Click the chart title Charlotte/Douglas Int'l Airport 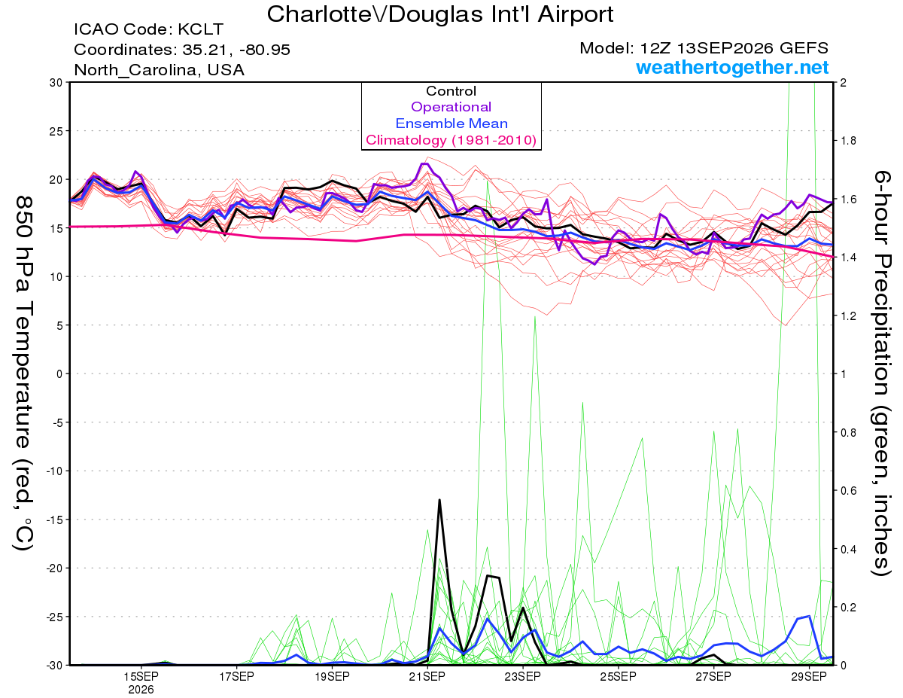click(x=440, y=14)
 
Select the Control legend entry click(x=451, y=91)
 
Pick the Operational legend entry click(x=451, y=107)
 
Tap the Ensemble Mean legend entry click(x=451, y=123)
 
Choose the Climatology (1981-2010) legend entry click(x=451, y=140)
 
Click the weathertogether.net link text click(x=732, y=67)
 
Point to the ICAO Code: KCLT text click(x=149, y=29)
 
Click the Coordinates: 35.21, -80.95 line click(x=182, y=50)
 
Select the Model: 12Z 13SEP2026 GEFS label click(x=704, y=48)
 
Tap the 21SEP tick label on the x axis click(x=427, y=676)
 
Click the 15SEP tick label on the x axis click(x=141, y=676)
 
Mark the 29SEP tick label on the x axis click(x=809, y=676)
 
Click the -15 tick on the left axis click(x=54, y=520)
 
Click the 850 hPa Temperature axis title click(x=23, y=373)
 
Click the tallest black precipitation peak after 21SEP click(x=439, y=500)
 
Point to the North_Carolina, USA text click(x=160, y=70)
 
